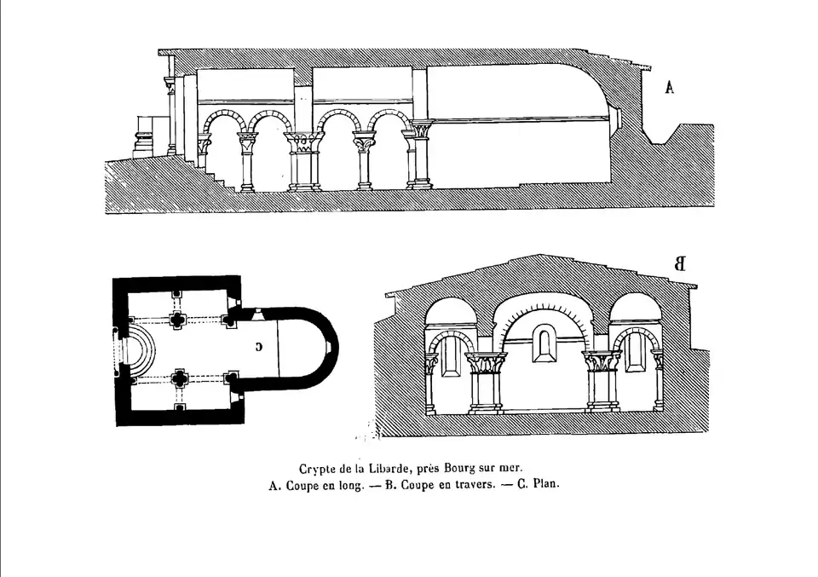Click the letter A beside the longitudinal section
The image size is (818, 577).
click(x=670, y=87)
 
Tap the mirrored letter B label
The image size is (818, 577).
click(x=679, y=263)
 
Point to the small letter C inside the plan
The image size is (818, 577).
click(x=258, y=346)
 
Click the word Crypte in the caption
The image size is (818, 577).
click(x=317, y=468)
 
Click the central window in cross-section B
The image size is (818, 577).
click(x=541, y=345)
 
